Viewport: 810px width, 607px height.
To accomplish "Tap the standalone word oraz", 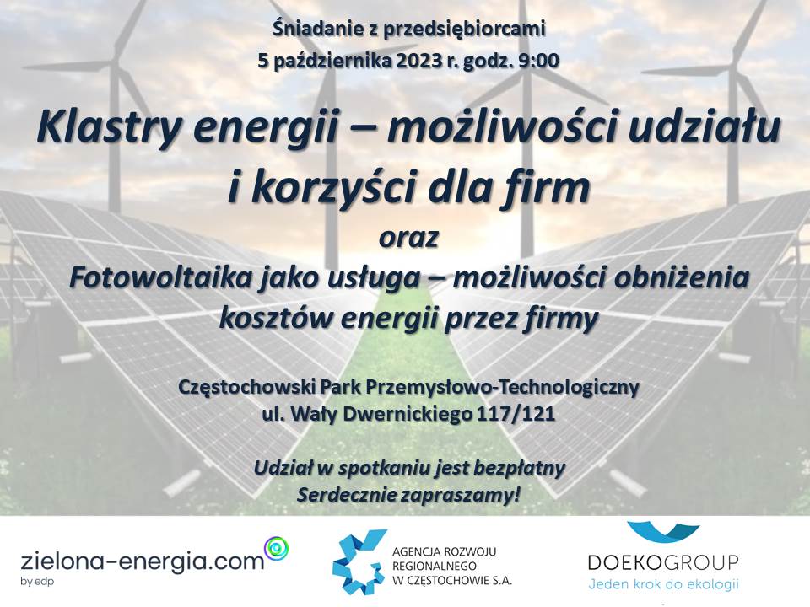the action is (x=408, y=238).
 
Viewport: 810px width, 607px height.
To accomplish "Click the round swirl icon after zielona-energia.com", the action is (x=277, y=546).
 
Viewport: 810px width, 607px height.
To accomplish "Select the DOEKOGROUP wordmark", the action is (x=664, y=562).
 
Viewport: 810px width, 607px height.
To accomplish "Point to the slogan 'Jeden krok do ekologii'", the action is (x=664, y=584).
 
